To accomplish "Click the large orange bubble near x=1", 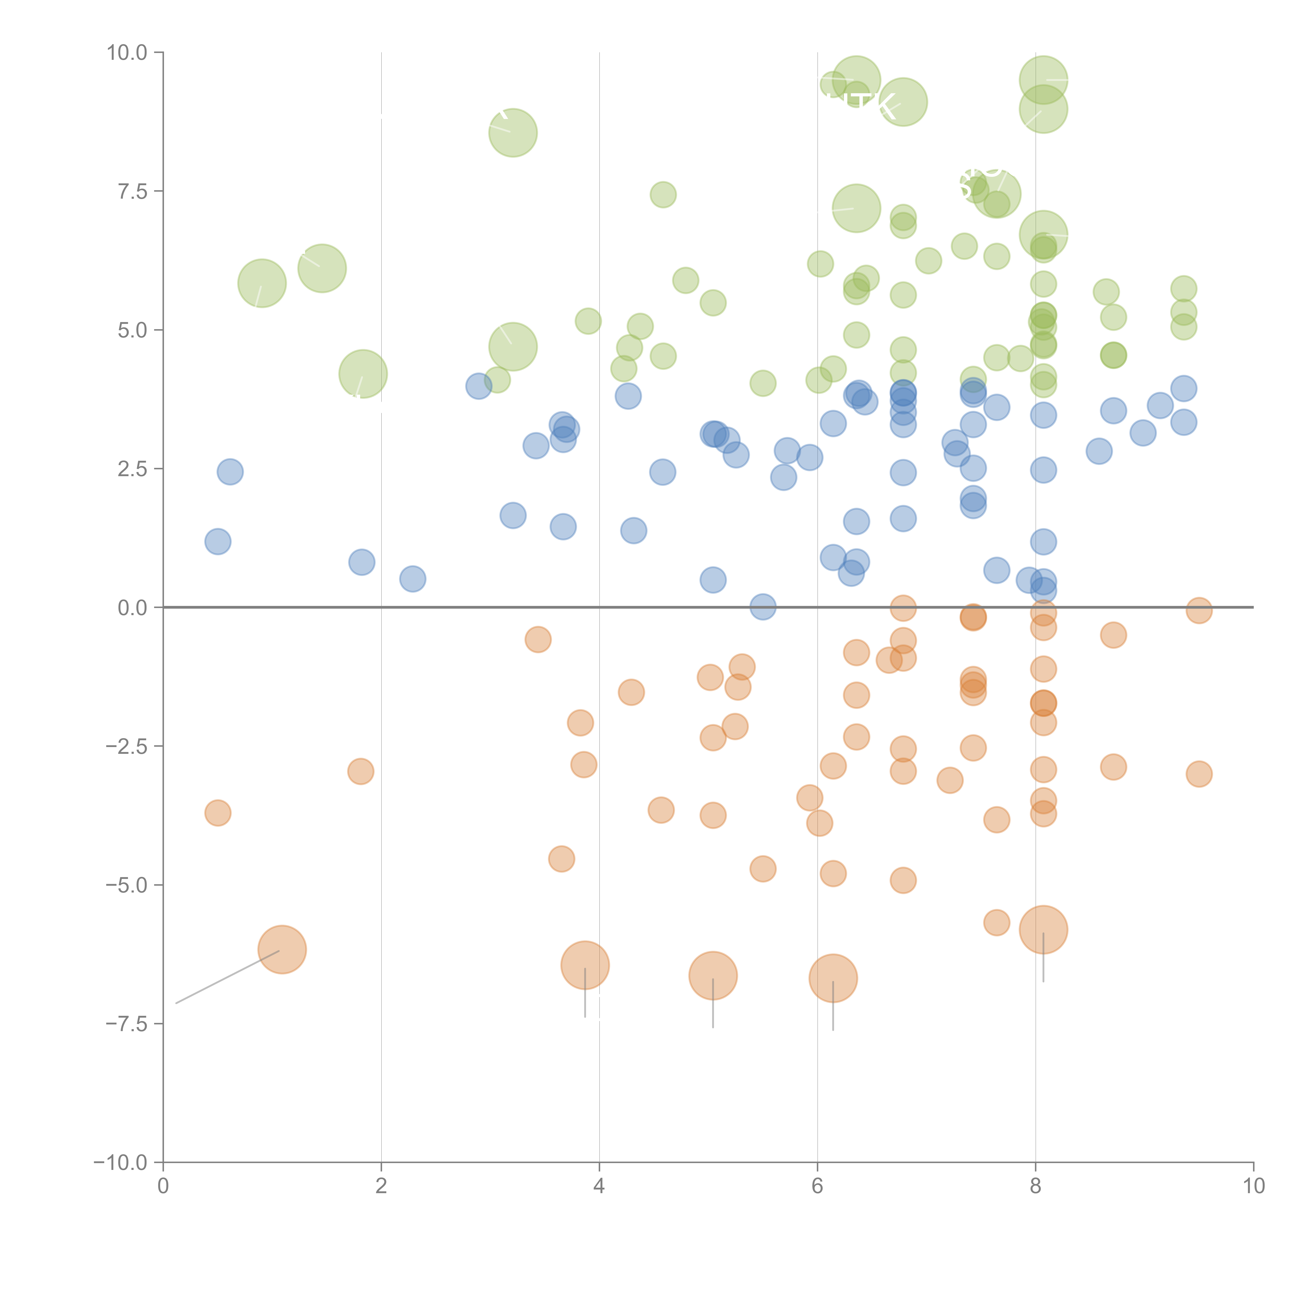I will [282, 950].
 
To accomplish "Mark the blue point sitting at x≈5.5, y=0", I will [762, 607].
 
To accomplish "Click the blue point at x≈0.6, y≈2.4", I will [230, 472].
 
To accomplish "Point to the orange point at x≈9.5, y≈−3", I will [1199, 774].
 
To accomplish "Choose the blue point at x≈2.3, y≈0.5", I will [412, 579].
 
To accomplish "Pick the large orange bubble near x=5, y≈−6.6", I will [713, 975].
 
